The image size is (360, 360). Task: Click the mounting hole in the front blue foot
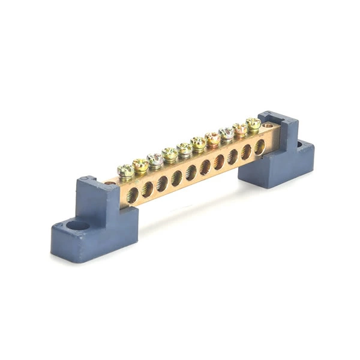[x=77, y=226]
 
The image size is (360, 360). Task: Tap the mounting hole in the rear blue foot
[x=299, y=145]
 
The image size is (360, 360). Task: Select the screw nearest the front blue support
[x=125, y=171]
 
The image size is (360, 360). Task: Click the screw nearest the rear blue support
[x=253, y=124]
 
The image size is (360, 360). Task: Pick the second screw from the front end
[x=140, y=165]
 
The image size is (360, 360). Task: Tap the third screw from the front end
[x=155, y=160]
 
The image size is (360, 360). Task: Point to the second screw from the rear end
[x=240, y=128]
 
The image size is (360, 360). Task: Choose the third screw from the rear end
[x=226, y=133]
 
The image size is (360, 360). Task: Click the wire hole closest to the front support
[x=132, y=194]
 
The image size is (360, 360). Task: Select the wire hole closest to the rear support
[x=259, y=147]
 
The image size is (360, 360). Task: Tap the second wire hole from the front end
[x=147, y=189]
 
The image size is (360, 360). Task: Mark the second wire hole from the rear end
[x=246, y=152]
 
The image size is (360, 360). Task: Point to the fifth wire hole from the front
[x=191, y=173]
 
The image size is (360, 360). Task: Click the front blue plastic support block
[x=96, y=216]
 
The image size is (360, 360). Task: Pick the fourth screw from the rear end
[x=212, y=139]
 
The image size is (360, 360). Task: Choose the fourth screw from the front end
[x=170, y=154]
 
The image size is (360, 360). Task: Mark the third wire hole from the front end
[x=162, y=184]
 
